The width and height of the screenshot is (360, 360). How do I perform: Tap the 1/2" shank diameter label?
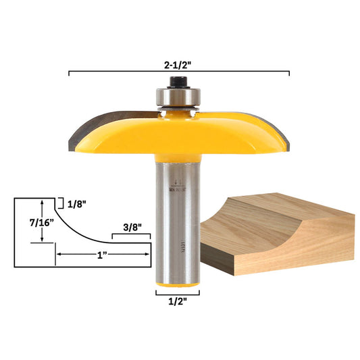coord(176,303)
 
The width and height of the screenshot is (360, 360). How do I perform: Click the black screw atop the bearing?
coord(178,80)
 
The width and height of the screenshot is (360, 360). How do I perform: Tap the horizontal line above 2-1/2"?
coord(179,72)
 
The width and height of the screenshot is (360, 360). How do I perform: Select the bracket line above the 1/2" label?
coord(177,293)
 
